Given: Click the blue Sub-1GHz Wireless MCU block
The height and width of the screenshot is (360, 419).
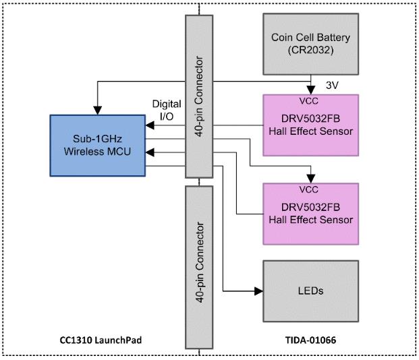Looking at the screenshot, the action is point(98,146).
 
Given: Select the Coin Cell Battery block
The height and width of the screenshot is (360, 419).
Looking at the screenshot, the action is point(311,44).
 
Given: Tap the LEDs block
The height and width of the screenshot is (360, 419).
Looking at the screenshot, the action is point(311,291).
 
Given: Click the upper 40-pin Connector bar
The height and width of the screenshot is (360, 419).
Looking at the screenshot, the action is point(199,96).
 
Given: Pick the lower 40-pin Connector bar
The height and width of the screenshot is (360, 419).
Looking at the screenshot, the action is point(199,268).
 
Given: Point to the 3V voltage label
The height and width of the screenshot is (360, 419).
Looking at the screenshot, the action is point(332,86).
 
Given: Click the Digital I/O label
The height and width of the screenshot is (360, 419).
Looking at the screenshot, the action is point(167,110).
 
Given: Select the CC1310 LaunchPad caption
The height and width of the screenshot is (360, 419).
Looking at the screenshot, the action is point(101,340).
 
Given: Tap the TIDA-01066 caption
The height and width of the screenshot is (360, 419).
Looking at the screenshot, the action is point(310,340).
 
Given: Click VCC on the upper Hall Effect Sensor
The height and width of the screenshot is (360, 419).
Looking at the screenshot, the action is point(308,101).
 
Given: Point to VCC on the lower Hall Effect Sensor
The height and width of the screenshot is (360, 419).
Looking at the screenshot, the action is point(308,189).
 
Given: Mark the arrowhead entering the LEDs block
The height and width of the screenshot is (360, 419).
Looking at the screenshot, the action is point(258,291).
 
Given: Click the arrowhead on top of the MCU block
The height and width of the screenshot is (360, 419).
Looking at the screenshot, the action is point(98,111).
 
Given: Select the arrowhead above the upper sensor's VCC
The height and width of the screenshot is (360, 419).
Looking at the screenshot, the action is point(311,90).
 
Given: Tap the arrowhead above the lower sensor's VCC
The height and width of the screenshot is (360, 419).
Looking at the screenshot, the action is point(311,179).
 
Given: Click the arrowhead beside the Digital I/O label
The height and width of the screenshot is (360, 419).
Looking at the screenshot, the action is point(150,125).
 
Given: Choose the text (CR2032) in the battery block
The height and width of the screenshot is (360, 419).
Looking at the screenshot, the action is point(311,50).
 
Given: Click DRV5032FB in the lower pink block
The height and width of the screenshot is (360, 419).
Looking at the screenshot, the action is point(311,207).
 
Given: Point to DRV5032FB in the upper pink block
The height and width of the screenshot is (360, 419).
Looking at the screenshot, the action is point(311,119).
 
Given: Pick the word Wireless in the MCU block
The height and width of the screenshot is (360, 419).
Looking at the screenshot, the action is point(84,152).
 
